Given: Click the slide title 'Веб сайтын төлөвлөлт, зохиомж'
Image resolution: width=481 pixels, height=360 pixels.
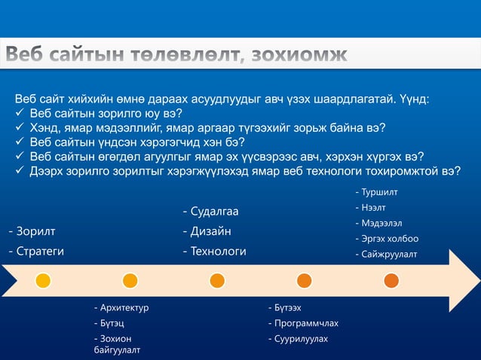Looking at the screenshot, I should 177,56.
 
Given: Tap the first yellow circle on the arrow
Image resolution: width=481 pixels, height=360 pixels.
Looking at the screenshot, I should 43,280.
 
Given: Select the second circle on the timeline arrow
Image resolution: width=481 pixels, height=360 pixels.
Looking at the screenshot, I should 130,280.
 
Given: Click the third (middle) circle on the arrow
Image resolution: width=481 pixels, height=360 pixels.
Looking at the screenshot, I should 217,280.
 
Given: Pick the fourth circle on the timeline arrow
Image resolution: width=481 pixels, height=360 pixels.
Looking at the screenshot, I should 304,280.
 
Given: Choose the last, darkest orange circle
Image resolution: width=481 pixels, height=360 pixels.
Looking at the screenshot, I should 391,280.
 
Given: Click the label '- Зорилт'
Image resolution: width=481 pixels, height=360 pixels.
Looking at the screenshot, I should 32,230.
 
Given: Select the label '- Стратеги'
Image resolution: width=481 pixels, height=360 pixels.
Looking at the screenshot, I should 36,251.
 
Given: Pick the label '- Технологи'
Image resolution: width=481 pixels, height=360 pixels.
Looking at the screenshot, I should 214,251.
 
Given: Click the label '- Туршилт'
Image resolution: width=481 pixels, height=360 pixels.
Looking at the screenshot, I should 377,194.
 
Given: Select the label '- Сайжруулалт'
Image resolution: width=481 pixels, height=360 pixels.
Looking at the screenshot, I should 386,254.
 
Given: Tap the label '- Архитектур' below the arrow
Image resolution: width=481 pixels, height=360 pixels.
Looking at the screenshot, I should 121,307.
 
